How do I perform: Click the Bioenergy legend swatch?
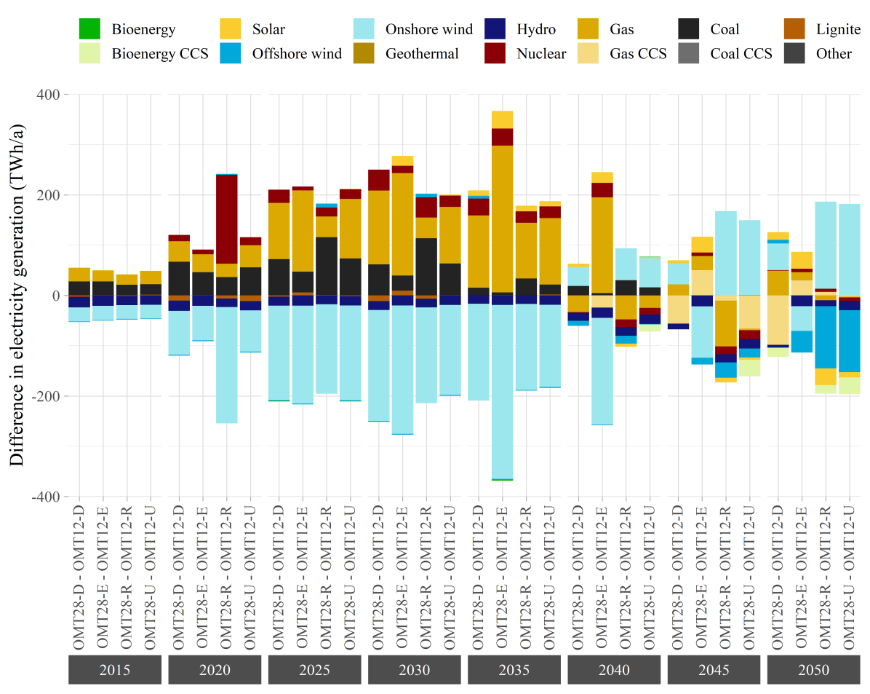89,29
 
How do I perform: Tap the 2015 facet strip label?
115,670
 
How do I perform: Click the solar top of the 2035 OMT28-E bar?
502,119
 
